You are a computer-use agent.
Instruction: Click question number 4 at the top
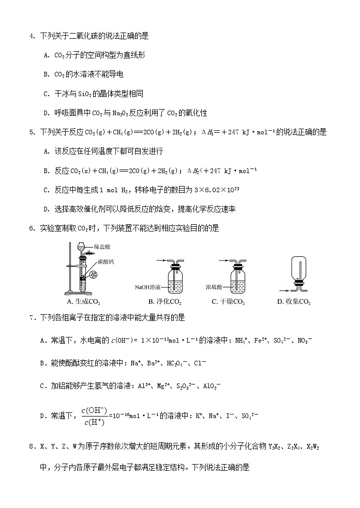tap(32, 36)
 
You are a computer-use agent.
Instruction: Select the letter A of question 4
tap(46, 55)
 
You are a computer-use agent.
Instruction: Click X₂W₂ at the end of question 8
tap(313, 445)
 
